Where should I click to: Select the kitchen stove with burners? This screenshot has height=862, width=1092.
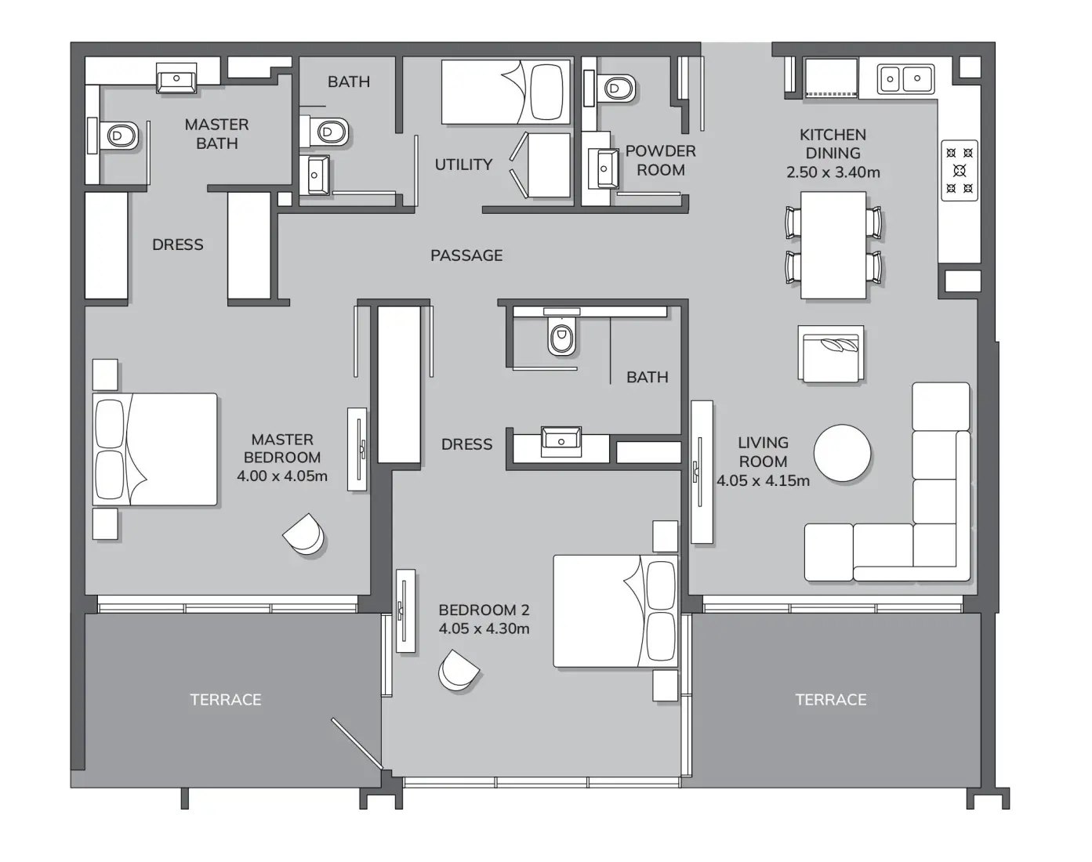tap(959, 170)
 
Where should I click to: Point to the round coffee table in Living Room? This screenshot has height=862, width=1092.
tap(842, 453)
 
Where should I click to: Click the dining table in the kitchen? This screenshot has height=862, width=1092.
tap(833, 244)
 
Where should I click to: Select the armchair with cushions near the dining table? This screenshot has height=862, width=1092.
tap(831, 354)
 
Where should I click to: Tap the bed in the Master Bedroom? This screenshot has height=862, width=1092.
tap(155, 449)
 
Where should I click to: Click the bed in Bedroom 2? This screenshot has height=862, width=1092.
tap(615, 611)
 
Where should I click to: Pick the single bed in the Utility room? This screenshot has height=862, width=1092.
tap(506, 91)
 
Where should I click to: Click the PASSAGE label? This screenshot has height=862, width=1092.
tap(466, 255)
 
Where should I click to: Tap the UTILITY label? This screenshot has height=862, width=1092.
tap(463, 165)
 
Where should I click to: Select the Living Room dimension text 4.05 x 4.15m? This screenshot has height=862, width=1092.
tap(763, 480)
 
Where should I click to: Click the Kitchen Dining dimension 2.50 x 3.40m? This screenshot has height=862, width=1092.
tap(833, 172)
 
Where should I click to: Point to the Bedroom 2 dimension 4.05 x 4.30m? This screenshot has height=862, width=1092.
tap(484, 628)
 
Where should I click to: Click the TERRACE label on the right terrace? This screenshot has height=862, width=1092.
tap(830, 700)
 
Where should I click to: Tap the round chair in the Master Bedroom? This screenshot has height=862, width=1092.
tap(304, 535)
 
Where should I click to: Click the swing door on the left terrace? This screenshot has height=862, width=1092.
tap(357, 744)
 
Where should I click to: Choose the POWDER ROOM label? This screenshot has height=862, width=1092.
tap(660, 161)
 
